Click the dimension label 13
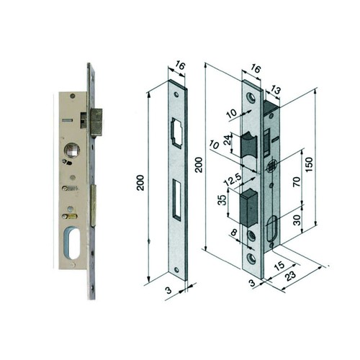pyautogui.click(x=275, y=90)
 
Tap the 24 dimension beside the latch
pyautogui.click(x=227, y=140)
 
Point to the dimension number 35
pyautogui.click(x=222, y=200)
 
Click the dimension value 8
pyautogui.click(x=234, y=233)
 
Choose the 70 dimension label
pyautogui.click(x=297, y=181)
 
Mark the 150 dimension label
pyautogui.click(x=310, y=164)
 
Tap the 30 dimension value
pyautogui.click(x=297, y=220)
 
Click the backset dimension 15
pyautogui.click(x=280, y=266)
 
